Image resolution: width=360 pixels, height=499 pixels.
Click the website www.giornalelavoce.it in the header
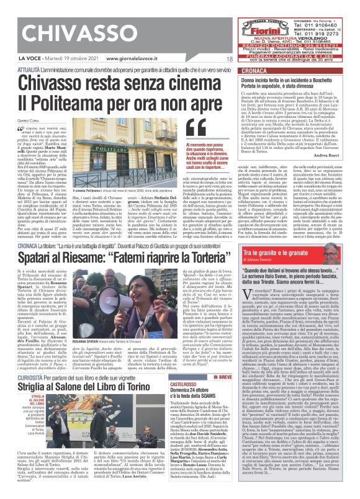click(124, 59)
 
